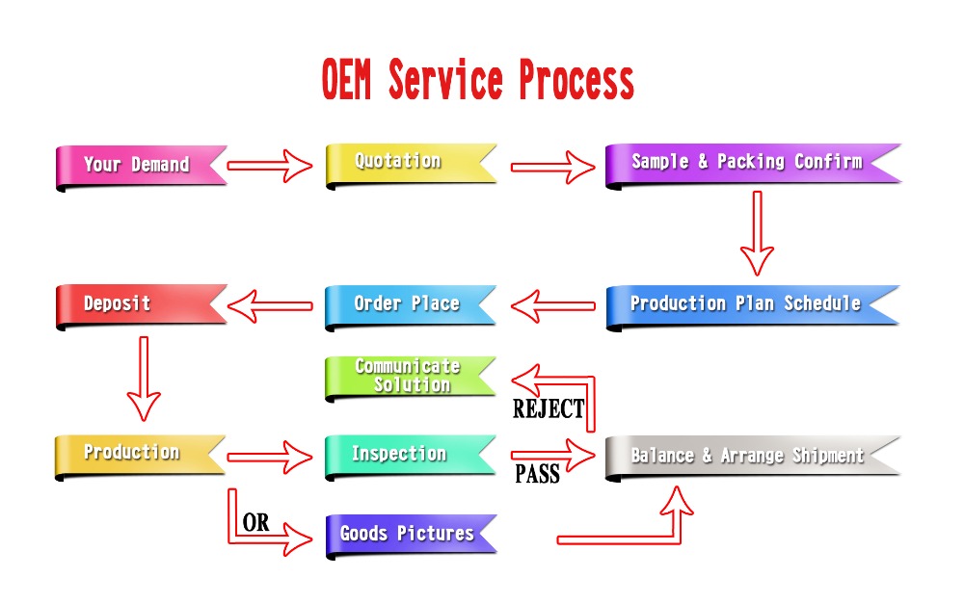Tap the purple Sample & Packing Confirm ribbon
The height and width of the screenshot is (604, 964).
pos(747,162)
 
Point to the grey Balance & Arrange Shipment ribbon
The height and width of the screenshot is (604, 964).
pos(747,456)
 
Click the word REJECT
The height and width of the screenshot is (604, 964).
pos(549,409)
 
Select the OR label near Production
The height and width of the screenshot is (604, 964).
pos(255,523)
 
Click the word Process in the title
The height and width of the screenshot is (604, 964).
pos(576,81)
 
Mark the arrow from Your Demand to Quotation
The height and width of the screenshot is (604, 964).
pos(271,166)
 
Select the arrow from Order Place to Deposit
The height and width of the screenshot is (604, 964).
pos(271,306)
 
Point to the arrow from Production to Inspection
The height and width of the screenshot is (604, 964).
pos(271,457)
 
